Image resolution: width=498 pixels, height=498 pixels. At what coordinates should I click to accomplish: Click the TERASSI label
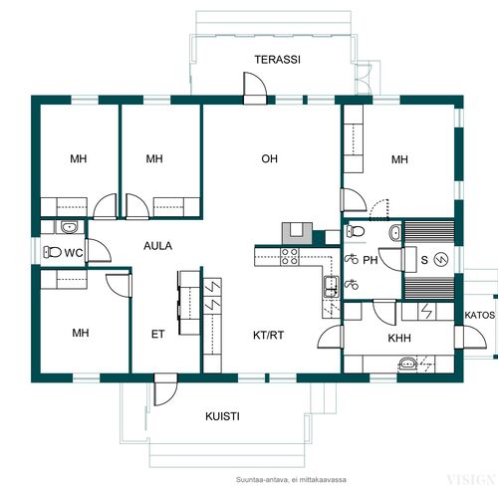click(278, 60)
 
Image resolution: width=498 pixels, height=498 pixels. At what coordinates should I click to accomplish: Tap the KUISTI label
click(222, 416)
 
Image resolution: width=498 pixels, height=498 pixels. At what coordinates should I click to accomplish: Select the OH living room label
click(269, 158)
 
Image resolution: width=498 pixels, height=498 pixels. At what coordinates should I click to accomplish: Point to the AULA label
click(158, 246)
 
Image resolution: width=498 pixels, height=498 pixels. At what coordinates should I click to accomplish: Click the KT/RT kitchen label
click(269, 336)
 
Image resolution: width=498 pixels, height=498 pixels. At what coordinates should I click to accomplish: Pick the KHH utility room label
click(399, 339)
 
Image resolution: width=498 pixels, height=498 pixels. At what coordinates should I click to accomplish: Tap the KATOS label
click(480, 315)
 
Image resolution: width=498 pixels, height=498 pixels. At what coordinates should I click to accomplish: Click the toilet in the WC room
click(53, 252)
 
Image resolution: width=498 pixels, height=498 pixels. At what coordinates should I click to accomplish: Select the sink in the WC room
click(70, 227)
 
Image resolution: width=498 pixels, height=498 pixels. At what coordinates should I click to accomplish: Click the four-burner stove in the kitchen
click(290, 257)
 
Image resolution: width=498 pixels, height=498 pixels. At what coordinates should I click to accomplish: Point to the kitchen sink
click(332, 287)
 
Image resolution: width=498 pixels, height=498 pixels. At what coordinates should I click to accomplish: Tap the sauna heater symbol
click(442, 260)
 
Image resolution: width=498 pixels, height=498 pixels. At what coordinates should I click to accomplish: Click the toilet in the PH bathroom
click(356, 231)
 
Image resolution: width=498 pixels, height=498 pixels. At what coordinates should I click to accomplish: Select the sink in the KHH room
click(407, 364)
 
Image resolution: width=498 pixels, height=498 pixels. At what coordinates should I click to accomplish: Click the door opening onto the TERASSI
click(255, 88)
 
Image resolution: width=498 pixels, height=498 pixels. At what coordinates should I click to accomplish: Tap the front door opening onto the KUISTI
click(166, 389)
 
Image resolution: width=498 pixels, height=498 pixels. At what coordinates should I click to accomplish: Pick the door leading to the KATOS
click(470, 337)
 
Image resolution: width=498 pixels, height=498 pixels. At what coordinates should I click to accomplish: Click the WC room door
click(98, 250)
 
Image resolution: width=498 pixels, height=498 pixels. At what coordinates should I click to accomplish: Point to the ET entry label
click(157, 334)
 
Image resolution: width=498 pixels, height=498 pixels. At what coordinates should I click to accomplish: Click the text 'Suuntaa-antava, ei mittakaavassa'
click(291, 479)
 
